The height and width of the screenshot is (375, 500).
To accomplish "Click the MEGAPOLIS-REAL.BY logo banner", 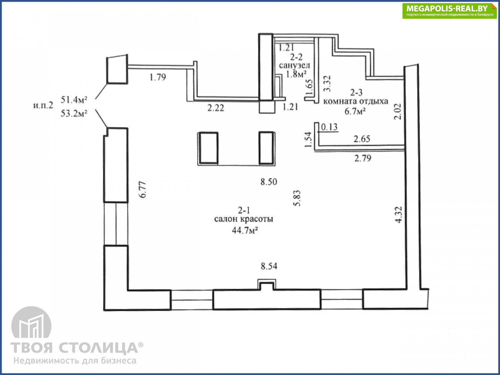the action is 449,11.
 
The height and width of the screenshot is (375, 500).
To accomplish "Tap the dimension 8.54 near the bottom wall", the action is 269,266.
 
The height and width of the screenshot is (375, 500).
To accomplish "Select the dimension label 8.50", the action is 269,182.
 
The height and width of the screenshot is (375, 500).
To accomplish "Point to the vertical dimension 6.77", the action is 142,190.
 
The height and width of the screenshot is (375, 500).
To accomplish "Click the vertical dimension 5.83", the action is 297,198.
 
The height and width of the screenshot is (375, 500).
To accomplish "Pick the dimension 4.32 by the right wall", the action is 399,215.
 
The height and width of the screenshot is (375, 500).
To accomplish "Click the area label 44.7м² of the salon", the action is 245,231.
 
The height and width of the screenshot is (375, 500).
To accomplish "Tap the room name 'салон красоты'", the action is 244,219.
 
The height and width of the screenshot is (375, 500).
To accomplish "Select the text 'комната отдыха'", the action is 356,101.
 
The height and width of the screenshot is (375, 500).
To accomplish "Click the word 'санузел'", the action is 295,66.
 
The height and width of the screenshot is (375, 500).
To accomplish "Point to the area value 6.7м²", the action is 355,112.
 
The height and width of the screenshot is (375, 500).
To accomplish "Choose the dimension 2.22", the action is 216,108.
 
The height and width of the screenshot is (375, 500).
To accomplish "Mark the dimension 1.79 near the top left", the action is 158,77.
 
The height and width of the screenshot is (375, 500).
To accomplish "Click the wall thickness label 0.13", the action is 329,127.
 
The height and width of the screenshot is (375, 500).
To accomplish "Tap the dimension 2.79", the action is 363,158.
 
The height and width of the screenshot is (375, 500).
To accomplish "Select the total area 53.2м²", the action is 74,113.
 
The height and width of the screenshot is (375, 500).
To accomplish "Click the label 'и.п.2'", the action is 43,105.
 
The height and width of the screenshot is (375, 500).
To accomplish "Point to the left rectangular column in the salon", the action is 208,148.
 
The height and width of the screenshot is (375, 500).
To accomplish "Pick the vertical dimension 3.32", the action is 327,83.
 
